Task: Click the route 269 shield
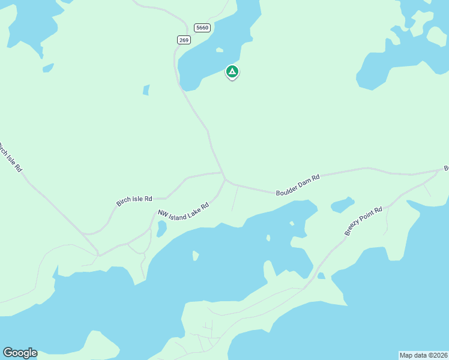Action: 184,40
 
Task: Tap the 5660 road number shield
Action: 202,27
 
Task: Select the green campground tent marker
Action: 232,72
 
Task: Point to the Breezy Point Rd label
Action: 363,221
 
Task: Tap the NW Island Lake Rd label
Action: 183,210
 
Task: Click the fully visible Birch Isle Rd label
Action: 134,200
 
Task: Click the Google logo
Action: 20,353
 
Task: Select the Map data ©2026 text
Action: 423,355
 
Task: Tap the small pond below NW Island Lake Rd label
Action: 161,229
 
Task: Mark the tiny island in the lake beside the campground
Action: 220,50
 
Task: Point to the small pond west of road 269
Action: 146,90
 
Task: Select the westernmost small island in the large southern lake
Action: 196,256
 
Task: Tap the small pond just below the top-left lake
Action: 47,68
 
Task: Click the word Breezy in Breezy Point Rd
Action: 354,229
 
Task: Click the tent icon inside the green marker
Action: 232,71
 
